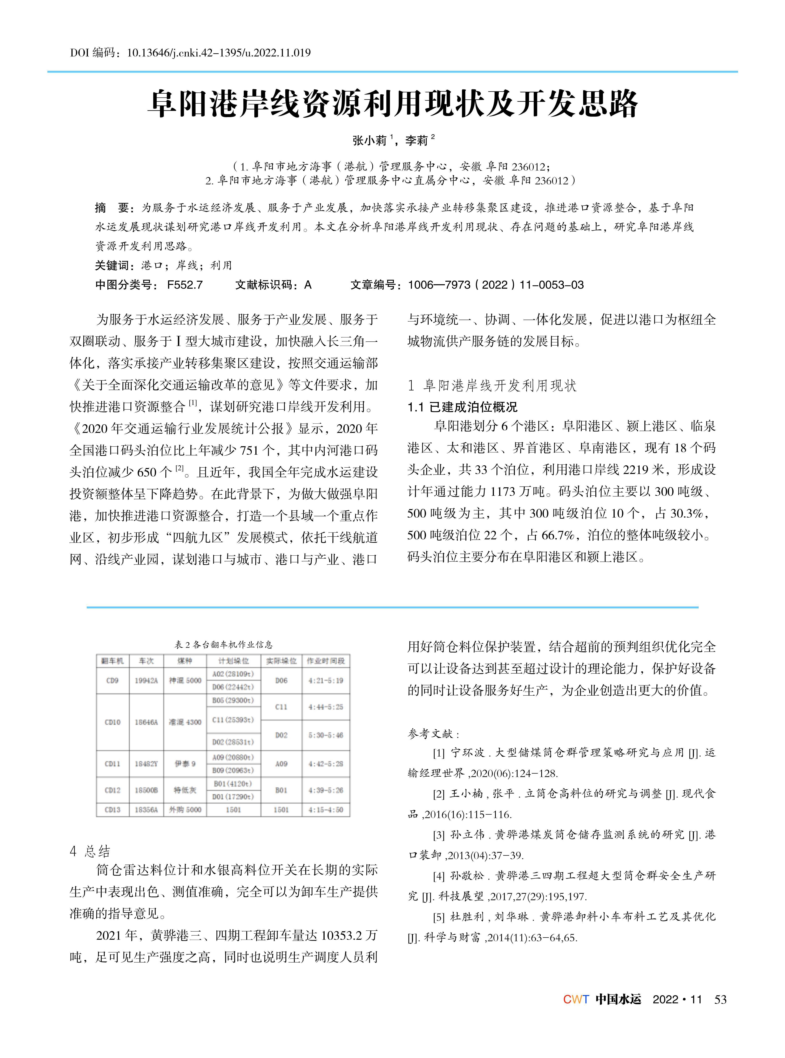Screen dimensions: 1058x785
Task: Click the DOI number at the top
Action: pos(219,53)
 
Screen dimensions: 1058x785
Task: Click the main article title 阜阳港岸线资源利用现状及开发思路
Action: pos(392,104)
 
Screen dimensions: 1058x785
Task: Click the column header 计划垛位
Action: pos(233,661)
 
